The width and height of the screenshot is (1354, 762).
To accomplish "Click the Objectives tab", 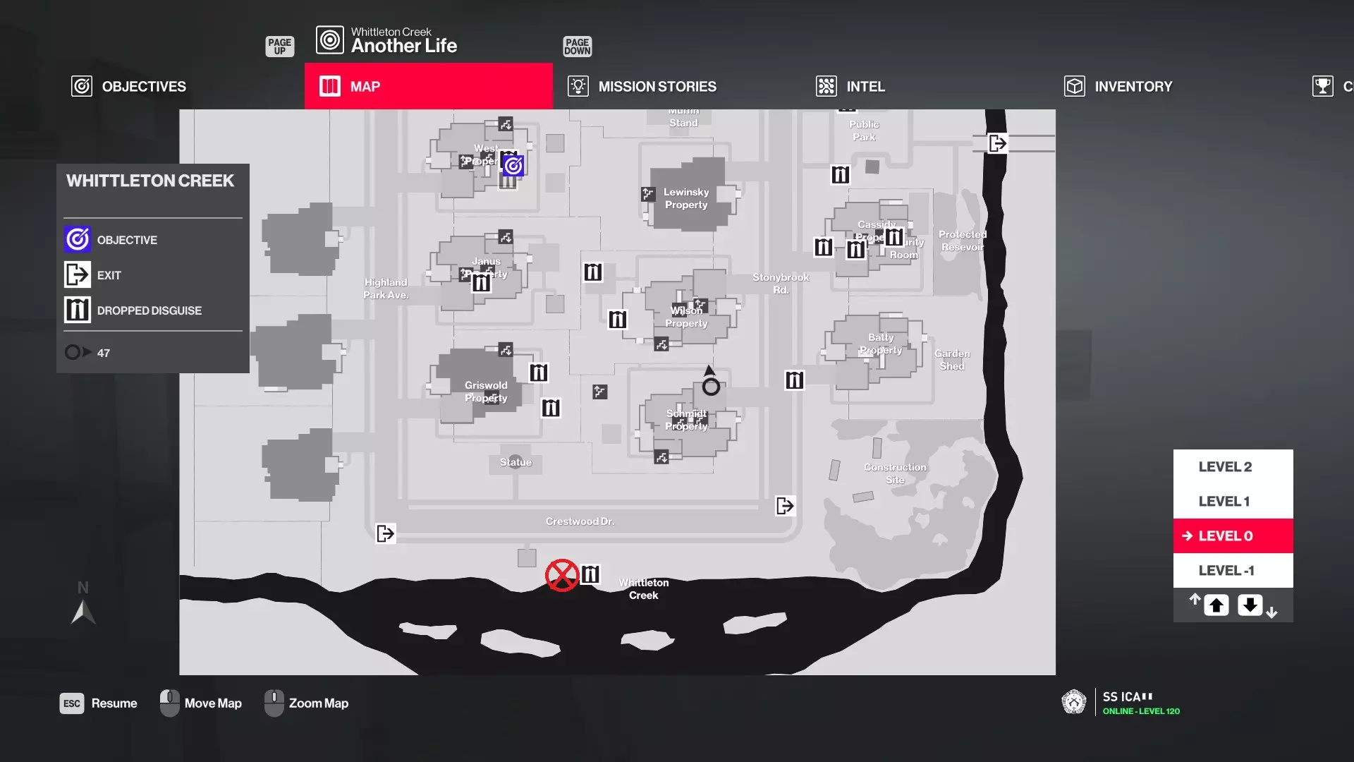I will (129, 86).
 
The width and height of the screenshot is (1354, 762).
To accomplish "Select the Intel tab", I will (850, 86).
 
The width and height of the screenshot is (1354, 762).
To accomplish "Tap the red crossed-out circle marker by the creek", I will (562, 575).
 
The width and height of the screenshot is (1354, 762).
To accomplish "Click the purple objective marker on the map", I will (513, 165).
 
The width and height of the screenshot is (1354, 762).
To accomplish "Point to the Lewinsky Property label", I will (686, 198).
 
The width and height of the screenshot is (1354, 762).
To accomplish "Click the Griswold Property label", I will (486, 392).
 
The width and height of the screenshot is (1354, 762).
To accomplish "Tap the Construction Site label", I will (895, 473).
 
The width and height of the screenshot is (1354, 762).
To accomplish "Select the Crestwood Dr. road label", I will (580, 521).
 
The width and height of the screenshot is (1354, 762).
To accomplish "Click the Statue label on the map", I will (516, 462).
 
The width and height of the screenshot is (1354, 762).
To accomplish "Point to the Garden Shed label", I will (952, 360).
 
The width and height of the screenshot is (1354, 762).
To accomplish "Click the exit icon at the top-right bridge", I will (997, 143).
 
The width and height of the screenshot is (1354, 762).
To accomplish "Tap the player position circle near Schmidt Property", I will (711, 387).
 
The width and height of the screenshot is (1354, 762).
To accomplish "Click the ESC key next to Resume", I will (72, 703).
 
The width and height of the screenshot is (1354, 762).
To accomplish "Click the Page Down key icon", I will (577, 47).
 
